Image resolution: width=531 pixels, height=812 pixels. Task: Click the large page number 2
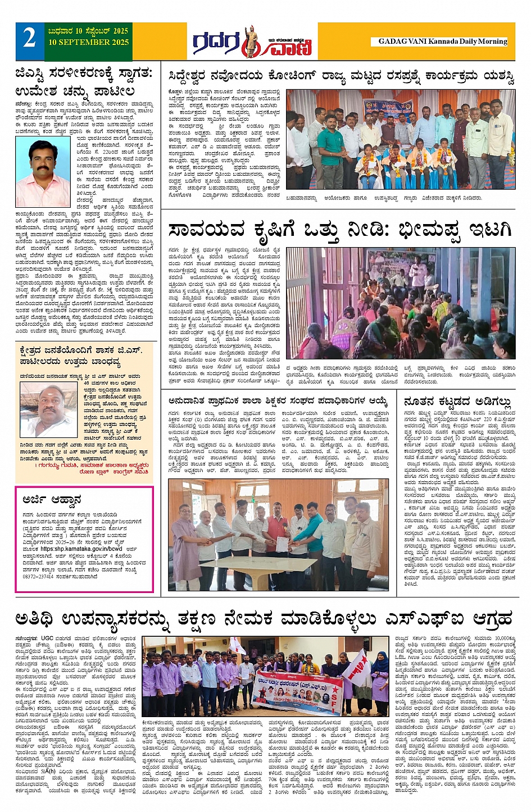pos(29,39)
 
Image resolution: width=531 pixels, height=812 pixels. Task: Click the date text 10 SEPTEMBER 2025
pos(88,43)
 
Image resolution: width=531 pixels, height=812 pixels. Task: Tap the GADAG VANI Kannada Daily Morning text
pos(442,42)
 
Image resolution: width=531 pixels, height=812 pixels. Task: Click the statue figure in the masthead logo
pos(249,41)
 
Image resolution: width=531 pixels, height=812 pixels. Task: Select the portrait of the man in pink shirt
pos(43,174)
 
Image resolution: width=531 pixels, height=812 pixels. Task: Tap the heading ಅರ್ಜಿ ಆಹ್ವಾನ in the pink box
pos(52,499)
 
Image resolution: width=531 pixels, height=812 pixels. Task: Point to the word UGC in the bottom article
pos(48,638)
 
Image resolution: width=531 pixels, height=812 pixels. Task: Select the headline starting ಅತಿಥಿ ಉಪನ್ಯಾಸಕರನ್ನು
pos(264,619)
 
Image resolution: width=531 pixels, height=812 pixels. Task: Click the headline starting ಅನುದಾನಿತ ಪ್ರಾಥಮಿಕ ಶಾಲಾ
pos(278,401)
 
